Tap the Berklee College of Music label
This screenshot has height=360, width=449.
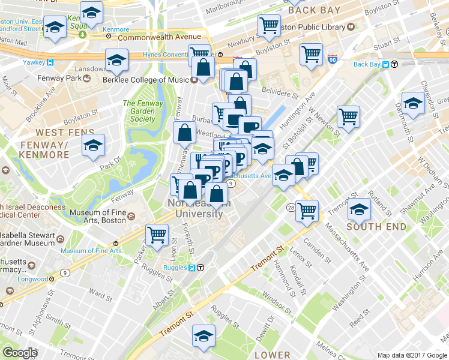point(146,80)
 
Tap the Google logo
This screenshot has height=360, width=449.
point(19,353)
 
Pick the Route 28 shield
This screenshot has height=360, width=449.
point(290,207)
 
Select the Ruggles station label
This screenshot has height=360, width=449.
point(178,268)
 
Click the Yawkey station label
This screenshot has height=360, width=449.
point(34,62)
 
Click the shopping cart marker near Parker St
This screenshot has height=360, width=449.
point(157,235)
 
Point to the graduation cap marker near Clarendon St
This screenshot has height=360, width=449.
point(413,103)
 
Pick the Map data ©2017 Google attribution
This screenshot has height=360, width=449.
point(411,355)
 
